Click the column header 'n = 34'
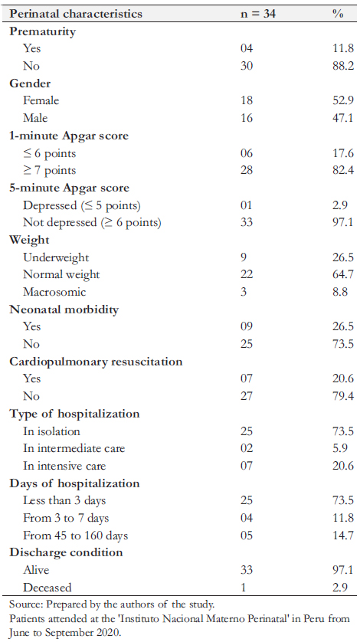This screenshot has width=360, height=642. click(258, 14)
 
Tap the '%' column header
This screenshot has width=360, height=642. click(338, 14)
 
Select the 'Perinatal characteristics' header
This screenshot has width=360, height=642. click(76, 14)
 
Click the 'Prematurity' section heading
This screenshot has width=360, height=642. click(43, 31)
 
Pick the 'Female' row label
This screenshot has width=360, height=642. click(41, 100)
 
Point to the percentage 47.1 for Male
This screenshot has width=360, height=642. click(343, 118)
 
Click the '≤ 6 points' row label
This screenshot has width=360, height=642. click(50, 153)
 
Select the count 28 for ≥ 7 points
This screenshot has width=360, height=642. click(247, 170)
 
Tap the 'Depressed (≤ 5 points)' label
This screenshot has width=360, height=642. click(82, 205)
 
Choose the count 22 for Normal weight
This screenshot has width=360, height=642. click(247, 274)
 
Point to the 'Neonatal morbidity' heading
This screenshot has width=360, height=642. click(64, 310)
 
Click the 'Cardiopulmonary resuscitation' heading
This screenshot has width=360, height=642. click(96, 362)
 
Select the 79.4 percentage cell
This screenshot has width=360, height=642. click(343, 396)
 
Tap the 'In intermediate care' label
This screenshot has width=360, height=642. click(74, 448)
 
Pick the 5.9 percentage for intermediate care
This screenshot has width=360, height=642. click(340, 448)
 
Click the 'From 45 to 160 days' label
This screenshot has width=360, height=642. click(75, 536)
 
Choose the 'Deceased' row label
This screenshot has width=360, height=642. click(47, 588)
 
